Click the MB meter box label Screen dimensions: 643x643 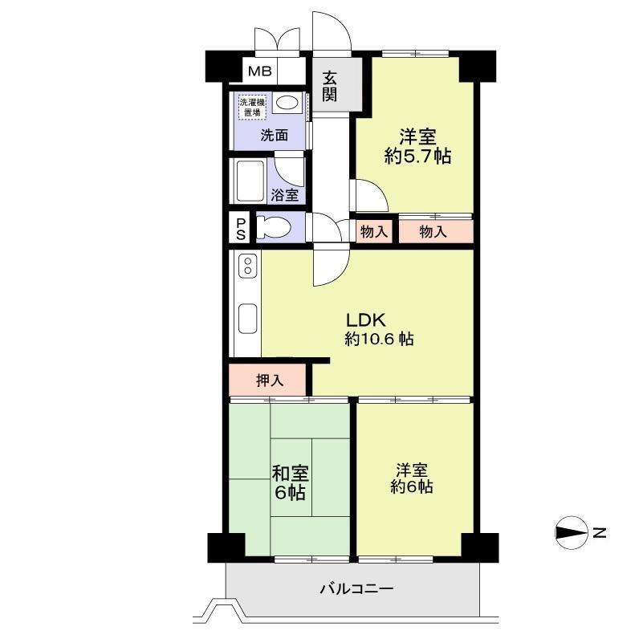coord(260,71)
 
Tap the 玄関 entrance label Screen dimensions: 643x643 coord(330,87)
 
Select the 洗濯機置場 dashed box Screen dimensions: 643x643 coord(253,107)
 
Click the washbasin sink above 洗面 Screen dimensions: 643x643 coord(287,103)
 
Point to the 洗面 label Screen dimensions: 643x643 coord(274,135)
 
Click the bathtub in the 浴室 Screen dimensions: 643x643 coord(250,181)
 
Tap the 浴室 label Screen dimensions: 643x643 coord(285,195)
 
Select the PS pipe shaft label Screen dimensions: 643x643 coord(241,230)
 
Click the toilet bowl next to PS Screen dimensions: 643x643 coord(274,228)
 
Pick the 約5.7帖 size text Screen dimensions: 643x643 coord(418,157)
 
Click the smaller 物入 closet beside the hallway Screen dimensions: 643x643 coord(374,232)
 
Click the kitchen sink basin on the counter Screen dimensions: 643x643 coord(248,319)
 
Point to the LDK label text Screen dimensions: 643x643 coord(366,319)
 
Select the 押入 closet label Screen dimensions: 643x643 coord(270,381)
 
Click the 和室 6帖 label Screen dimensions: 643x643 coord(291,483)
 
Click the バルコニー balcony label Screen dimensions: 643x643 coord(356,589)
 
